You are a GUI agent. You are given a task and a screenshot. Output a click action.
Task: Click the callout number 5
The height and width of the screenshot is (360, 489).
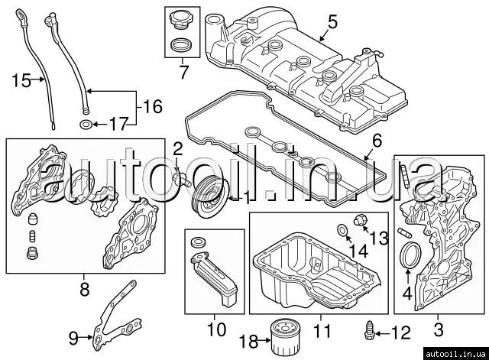pyautogui.click(x=331, y=23)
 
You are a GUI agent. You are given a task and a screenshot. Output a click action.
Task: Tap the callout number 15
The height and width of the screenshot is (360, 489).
pyautogui.click(x=21, y=79)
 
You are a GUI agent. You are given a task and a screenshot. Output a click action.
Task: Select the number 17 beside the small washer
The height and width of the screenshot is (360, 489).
pyautogui.click(x=120, y=123)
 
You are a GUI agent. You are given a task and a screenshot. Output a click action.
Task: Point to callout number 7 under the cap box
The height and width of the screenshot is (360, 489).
pyautogui.click(x=183, y=74)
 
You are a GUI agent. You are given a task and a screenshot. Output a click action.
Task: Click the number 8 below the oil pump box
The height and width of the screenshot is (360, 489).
pyautogui.click(x=84, y=289)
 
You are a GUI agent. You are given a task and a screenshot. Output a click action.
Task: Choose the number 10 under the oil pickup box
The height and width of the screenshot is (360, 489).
pyautogui.click(x=215, y=330)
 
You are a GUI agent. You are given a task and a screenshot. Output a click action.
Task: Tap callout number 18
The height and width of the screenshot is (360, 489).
pyautogui.click(x=249, y=341)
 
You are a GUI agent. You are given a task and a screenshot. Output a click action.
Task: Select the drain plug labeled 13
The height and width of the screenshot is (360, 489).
pyautogui.click(x=360, y=222)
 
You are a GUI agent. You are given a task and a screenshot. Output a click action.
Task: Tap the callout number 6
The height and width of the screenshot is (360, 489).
pyautogui.click(x=375, y=141)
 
